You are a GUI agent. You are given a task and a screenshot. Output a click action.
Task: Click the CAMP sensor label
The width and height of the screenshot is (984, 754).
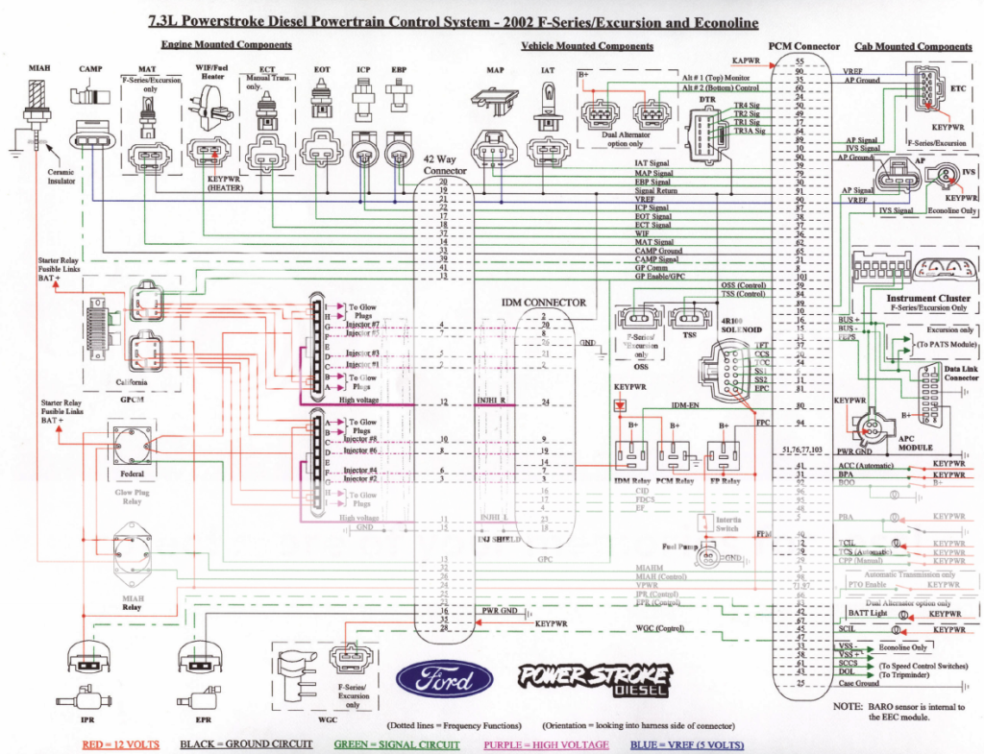coord(90,69)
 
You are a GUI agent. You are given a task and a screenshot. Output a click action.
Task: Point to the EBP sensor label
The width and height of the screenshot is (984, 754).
coord(399,70)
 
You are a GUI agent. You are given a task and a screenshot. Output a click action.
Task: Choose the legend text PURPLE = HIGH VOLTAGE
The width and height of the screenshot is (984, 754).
coord(547,744)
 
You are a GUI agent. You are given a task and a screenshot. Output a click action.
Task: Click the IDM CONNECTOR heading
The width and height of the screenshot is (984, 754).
coord(543,303)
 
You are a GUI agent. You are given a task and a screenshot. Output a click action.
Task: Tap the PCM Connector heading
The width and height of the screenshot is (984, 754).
coord(804,46)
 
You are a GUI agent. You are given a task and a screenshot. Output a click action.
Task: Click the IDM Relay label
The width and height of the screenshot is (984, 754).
coord(633,479)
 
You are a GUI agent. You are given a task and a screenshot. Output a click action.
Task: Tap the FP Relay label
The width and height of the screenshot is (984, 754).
coord(728,479)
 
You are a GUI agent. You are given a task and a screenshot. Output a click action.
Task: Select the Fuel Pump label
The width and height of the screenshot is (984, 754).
coord(678,547)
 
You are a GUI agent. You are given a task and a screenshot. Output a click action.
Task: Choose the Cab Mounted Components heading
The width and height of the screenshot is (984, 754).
coord(913,46)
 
